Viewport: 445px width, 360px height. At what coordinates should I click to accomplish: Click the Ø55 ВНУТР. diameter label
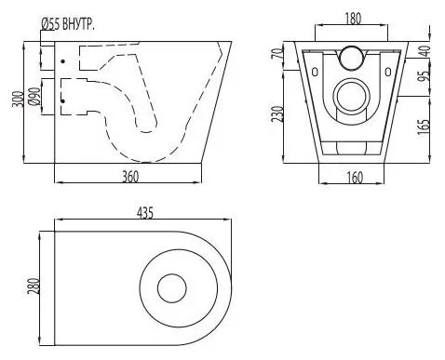(x=67, y=24)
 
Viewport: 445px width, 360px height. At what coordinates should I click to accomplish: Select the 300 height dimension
(x=18, y=100)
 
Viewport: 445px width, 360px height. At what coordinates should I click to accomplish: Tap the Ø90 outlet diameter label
(x=35, y=97)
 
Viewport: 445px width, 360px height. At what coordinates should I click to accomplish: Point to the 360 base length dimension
(x=130, y=177)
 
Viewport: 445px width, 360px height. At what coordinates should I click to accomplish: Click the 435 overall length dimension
(x=145, y=213)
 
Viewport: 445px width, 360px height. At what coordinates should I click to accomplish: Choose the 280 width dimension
(x=34, y=287)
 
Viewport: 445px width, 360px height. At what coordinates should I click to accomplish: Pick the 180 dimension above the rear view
(x=353, y=19)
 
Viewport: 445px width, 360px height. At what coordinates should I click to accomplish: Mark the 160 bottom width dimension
(x=354, y=178)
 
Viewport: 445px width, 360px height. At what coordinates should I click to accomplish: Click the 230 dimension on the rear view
(x=278, y=113)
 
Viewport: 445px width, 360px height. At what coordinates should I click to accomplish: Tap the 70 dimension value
(x=279, y=53)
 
